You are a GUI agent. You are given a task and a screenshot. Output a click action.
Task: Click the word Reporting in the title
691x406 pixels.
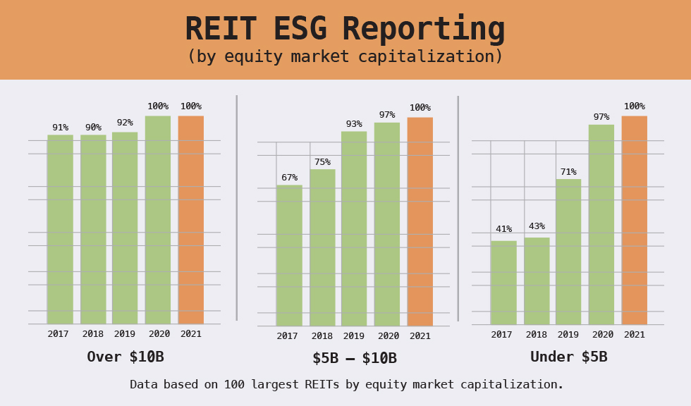423,30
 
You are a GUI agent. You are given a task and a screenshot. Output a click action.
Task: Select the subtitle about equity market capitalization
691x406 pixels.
345,57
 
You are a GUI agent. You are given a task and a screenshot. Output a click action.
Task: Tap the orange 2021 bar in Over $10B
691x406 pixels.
191,220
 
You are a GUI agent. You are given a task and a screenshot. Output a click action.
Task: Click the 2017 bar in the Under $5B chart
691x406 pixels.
503,283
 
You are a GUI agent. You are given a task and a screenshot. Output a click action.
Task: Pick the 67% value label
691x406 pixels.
289,178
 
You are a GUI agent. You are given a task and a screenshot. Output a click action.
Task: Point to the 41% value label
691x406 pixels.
503,229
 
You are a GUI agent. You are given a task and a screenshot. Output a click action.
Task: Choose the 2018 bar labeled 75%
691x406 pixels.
322,247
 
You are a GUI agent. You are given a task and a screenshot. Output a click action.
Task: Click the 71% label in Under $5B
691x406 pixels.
568,172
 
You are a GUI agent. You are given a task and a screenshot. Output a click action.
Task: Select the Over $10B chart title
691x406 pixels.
126,357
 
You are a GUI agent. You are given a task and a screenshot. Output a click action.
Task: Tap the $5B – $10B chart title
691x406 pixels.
355,359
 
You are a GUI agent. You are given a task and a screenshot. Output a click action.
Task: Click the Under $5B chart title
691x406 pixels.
568,357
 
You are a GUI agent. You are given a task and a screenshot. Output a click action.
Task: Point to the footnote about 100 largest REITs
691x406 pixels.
346,385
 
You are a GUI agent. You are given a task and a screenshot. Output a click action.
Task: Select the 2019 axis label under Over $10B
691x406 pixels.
125,334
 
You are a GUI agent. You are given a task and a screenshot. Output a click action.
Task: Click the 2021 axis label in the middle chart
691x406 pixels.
420,336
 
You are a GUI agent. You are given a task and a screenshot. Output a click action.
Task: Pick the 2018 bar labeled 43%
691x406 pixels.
537,281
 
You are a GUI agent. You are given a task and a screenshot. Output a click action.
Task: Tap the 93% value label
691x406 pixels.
354,124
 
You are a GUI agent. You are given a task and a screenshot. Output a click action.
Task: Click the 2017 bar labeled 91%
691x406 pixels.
60,229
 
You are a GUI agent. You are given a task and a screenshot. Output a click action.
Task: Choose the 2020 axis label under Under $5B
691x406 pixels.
603,335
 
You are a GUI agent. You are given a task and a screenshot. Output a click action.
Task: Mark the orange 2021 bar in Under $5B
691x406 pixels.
634,220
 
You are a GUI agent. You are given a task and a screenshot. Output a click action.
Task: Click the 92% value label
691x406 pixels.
125,123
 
